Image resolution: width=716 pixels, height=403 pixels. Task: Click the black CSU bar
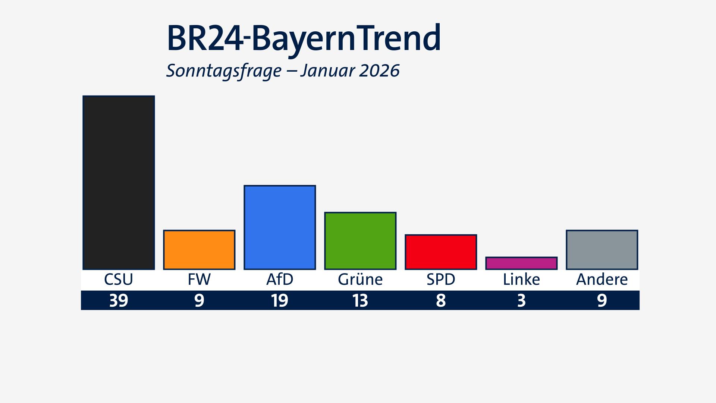coord(119,182)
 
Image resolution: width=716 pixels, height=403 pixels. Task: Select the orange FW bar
coord(199,250)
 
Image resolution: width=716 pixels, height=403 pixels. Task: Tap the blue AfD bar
coord(280,227)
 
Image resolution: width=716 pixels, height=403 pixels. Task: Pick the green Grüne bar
coord(360,241)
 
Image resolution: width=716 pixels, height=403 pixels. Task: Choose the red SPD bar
coord(441,252)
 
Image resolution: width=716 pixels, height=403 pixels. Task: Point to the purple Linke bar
coord(521,263)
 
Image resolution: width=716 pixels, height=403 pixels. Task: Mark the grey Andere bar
coord(602,250)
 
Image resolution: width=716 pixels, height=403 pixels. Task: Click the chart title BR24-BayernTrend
coord(304,38)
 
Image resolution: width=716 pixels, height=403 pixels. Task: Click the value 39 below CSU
coord(119,300)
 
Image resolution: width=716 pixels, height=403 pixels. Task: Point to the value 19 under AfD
coord(280,300)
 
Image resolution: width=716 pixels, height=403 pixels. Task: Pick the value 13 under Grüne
coord(360,300)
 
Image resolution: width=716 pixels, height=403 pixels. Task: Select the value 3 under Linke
coord(521,300)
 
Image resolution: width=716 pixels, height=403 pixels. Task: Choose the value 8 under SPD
coord(441,300)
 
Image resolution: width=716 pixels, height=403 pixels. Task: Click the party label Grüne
coord(360,279)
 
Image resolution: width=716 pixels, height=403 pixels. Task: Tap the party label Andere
coord(602,279)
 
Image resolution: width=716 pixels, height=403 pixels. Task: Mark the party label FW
coord(199,279)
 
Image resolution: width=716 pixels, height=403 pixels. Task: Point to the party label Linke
coord(521,279)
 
